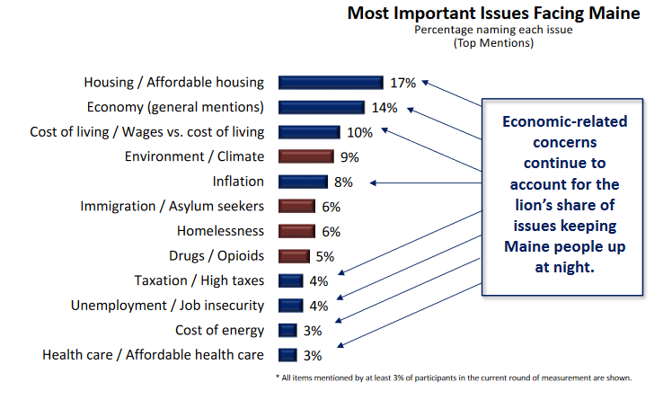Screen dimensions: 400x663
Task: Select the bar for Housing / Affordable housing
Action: (331, 83)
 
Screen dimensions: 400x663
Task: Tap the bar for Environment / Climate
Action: (306, 156)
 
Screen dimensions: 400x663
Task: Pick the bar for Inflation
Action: (303, 182)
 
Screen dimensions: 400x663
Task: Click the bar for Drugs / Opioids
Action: (294, 255)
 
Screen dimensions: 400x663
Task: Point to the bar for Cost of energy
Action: (287, 330)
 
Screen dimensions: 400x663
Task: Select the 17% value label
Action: (403, 83)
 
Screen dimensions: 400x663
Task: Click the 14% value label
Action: (385, 108)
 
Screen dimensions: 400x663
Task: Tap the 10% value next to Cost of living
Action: (360, 132)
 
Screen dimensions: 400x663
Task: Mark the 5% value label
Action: (325, 256)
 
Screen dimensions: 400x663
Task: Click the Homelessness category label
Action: (220, 231)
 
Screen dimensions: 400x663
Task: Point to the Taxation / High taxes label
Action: (199, 280)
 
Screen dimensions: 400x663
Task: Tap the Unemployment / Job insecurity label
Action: (167, 306)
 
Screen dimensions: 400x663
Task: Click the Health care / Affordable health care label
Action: (153, 354)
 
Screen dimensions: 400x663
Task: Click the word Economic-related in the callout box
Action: (564, 121)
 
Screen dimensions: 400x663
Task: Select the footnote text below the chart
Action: (454, 377)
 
